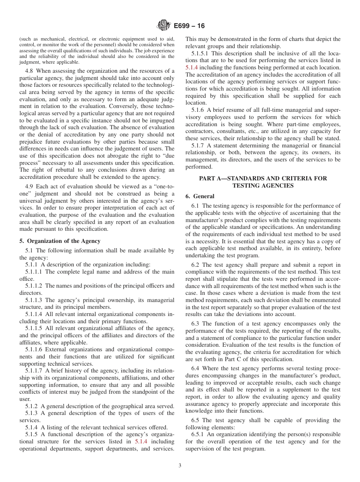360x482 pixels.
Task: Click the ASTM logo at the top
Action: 164,26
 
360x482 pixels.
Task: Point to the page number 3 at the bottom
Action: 180,466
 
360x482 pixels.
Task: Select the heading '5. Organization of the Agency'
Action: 60,241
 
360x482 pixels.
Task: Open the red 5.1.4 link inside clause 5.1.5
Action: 141,442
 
